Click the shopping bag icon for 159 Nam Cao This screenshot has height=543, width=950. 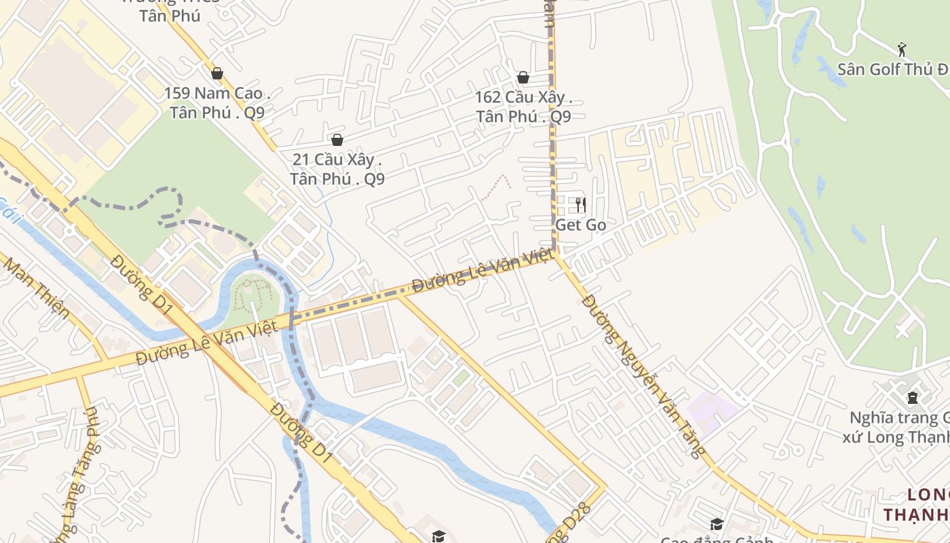[x=217, y=73]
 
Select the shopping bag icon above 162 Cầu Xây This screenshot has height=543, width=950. [x=523, y=77]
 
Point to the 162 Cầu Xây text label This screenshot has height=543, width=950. [x=523, y=107]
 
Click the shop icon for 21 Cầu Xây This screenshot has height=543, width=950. [x=337, y=140]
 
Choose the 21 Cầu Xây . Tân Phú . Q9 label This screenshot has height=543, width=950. [x=337, y=169]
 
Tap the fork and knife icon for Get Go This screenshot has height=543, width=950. [x=580, y=204]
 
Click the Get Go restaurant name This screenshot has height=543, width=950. [x=580, y=225]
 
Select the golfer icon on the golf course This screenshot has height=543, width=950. [x=902, y=50]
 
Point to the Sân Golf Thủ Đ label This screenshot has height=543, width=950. [x=892, y=69]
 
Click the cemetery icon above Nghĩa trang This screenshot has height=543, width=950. [x=912, y=397]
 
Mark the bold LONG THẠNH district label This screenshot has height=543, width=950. [x=916, y=504]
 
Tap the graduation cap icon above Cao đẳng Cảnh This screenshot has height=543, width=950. [x=717, y=524]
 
